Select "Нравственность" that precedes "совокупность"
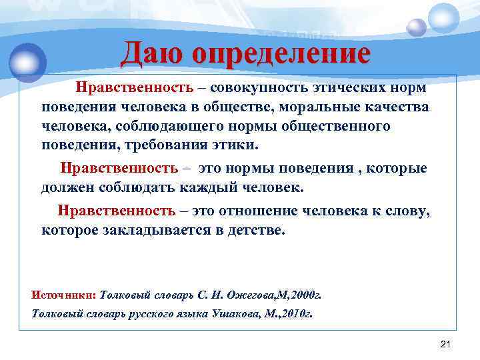tap(134, 88)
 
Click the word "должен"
tap(69, 187)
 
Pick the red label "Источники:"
tap(64, 293)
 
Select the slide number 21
tap(446, 343)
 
